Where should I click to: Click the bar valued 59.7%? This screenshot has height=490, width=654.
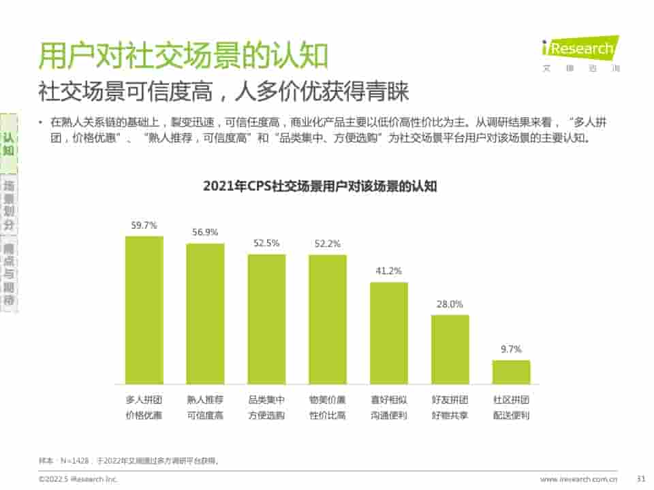144,310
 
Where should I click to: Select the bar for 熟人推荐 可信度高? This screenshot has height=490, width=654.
205,313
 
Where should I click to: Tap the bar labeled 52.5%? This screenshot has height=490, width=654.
266,318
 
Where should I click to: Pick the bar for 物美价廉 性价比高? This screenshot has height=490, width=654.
328,318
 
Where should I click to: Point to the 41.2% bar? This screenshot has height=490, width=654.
389,332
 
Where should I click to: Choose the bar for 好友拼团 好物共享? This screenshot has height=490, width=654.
450,348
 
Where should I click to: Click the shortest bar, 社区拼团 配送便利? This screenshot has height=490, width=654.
512,372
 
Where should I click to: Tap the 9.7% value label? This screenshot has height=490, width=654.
511,349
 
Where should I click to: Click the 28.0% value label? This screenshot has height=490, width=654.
450,304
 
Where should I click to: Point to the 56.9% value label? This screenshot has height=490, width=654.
205,232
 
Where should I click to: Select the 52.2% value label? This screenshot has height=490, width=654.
328,244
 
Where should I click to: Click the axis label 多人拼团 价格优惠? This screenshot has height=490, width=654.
144,407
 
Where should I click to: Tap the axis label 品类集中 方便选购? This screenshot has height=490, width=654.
266,407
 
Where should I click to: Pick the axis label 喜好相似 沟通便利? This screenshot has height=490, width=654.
389,407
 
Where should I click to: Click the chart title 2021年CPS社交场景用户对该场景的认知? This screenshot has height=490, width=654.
320,186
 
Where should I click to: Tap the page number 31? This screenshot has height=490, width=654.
640,479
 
